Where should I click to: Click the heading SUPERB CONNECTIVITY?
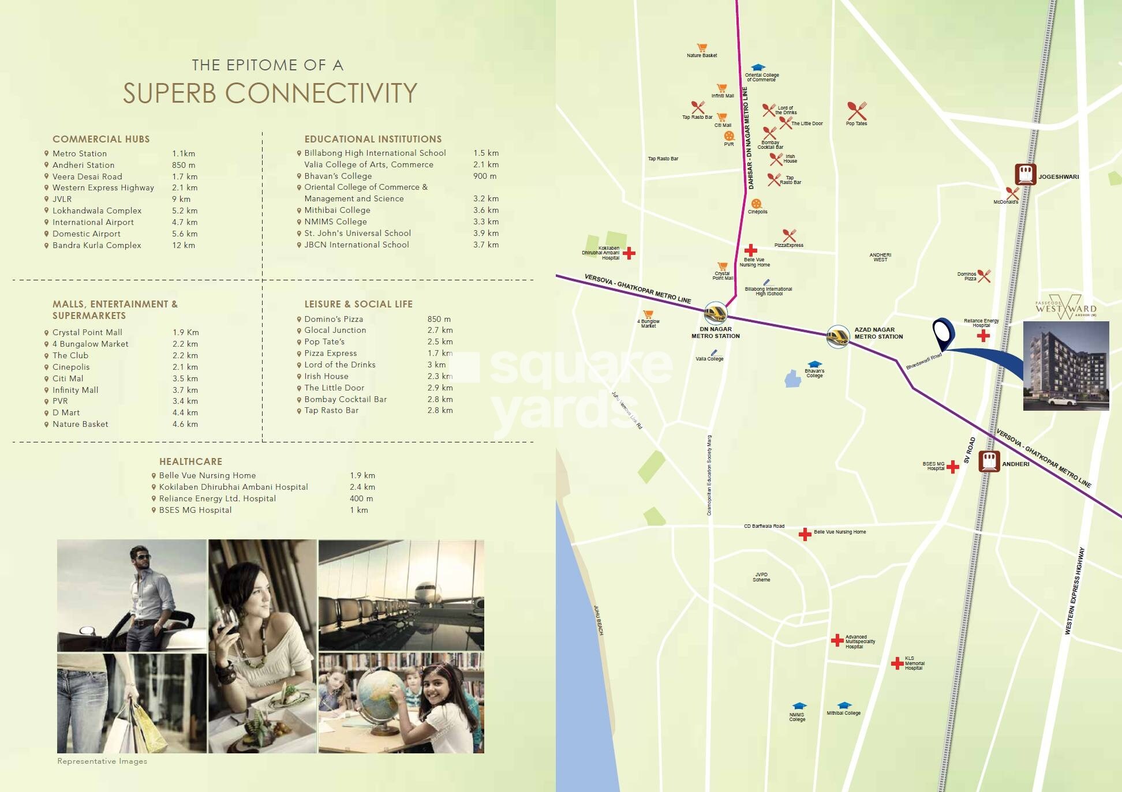coord(270,93)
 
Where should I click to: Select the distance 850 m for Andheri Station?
coord(183,165)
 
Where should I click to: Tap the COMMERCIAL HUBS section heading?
coord(101,139)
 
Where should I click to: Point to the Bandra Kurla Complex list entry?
coord(96,245)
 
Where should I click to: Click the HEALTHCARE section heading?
coord(190,461)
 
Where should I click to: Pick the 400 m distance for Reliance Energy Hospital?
coord(361,498)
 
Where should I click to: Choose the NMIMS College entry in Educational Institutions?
coord(335,222)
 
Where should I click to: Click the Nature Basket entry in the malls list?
coord(80,424)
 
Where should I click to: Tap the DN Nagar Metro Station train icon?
coord(716,313)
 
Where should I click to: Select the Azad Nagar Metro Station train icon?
coord(837,336)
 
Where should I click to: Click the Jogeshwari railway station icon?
coord(1025,174)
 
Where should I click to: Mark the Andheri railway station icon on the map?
coord(989,461)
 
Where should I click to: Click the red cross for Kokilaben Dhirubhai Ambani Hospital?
coord(629,253)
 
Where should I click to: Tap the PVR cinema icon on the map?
coord(729,136)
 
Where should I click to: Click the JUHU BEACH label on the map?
coord(599,620)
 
